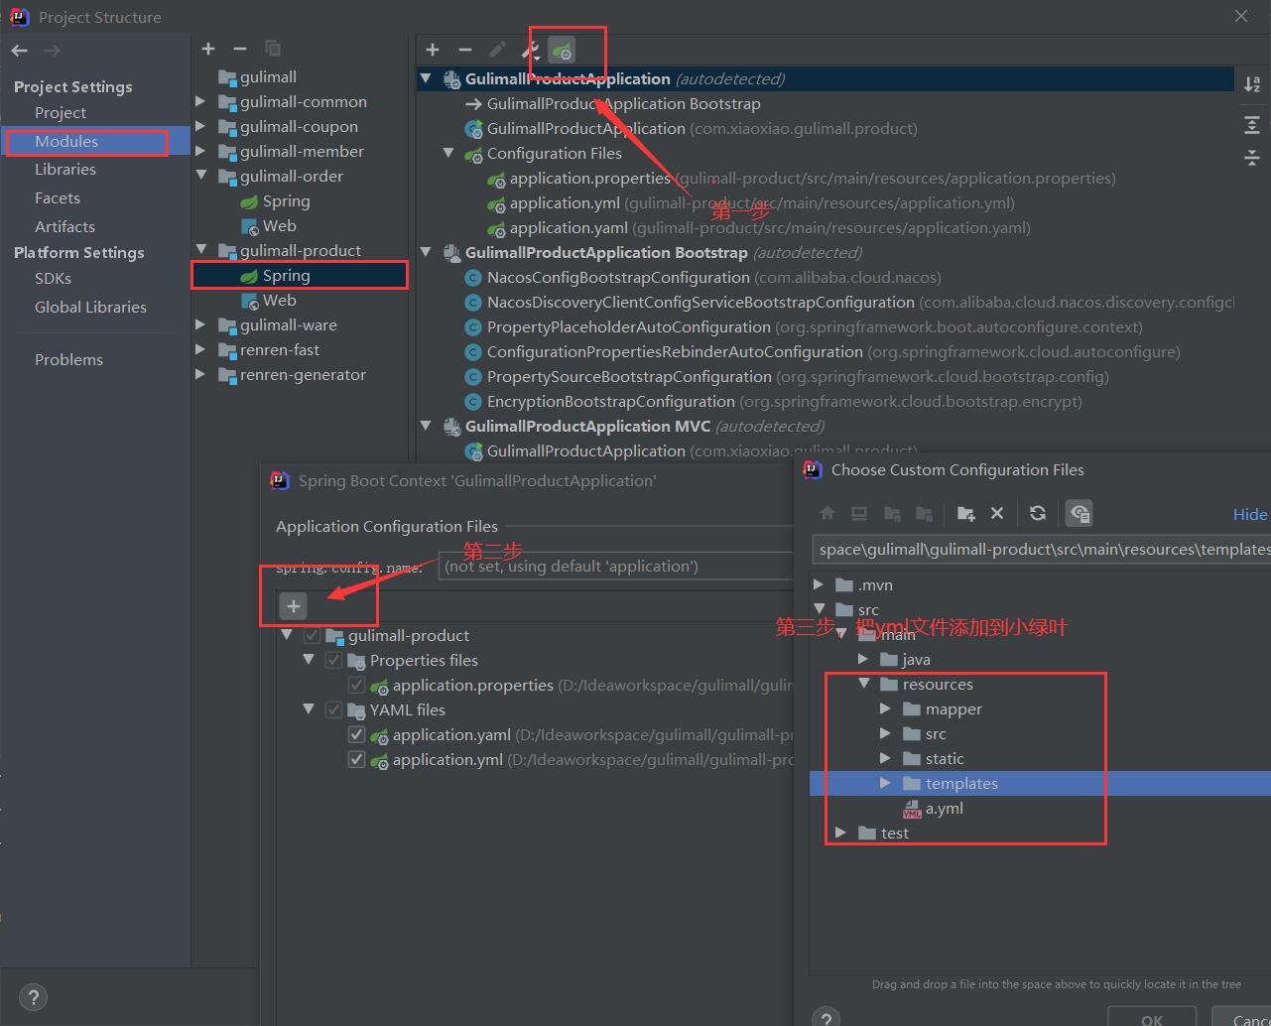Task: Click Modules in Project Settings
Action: click(66, 142)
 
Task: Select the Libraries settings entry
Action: click(65, 170)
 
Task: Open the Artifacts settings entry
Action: click(64, 227)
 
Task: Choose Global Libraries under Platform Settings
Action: click(90, 308)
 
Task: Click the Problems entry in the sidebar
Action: click(68, 360)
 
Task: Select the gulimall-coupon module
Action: click(298, 127)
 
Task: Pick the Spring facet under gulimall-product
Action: click(286, 276)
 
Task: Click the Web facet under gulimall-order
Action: click(279, 226)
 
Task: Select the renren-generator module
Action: click(303, 375)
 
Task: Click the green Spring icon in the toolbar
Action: click(562, 50)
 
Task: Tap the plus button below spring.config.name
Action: click(294, 606)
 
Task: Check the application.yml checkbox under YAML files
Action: click(356, 760)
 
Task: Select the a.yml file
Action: click(944, 809)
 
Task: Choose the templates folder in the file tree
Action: click(960, 784)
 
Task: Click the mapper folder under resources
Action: click(953, 709)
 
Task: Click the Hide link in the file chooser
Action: click(1249, 514)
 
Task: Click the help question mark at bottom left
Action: click(33, 998)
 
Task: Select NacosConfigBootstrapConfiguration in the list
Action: click(617, 278)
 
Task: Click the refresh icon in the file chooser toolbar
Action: click(1038, 513)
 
